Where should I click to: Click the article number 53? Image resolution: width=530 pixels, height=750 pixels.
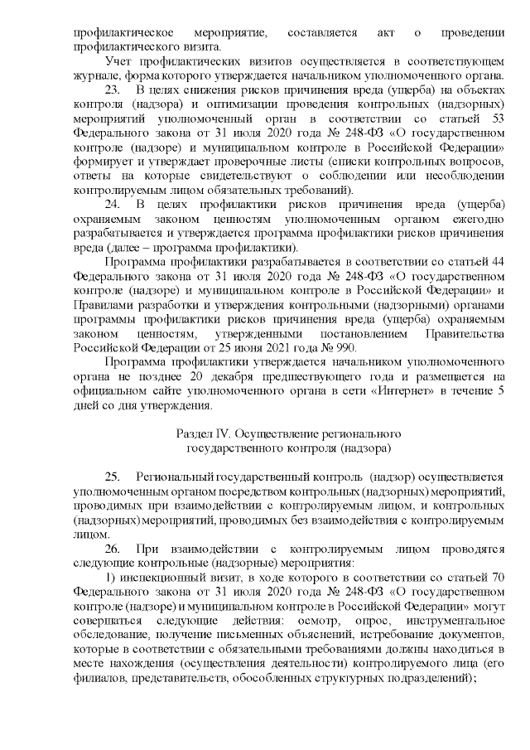click(498, 118)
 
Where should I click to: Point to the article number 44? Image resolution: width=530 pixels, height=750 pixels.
click(498, 262)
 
